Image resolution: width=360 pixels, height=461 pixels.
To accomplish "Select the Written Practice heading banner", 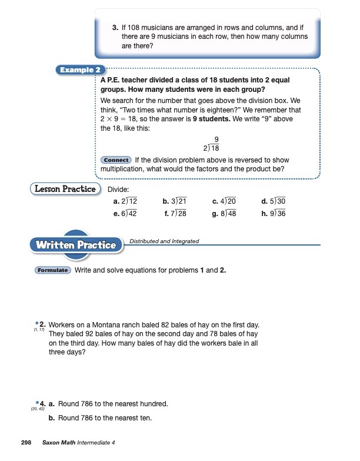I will coord(76,244).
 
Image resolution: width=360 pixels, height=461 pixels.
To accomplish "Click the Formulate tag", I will coord(53,270).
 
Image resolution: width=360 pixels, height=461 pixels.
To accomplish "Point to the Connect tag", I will coord(116,160).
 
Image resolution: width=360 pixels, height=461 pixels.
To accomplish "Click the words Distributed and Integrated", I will coord(164,241).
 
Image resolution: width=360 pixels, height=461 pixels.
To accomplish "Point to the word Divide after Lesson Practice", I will coord(118,189).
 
